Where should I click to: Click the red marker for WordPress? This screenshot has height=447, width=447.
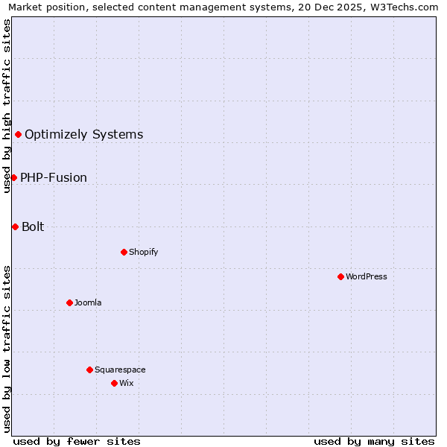[340, 276]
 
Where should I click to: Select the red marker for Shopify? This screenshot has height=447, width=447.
[124, 252]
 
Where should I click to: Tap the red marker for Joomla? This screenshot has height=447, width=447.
[69, 302]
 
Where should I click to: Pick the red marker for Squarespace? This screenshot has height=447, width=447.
[89, 370]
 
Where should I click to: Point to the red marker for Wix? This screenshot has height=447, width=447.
[114, 383]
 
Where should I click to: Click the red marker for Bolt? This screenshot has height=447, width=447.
[15, 226]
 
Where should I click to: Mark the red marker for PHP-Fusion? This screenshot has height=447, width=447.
[13, 177]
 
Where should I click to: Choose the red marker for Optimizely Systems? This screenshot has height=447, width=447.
[18, 134]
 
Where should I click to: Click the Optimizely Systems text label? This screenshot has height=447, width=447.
[83, 135]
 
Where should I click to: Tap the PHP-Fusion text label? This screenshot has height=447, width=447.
[54, 178]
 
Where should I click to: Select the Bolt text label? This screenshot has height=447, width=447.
[33, 227]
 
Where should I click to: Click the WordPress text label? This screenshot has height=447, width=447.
[367, 277]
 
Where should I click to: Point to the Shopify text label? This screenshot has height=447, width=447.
[143, 253]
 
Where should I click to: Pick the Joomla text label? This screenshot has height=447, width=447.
[88, 303]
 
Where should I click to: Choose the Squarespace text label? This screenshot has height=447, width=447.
[120, 370]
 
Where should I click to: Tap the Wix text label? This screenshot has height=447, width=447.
[126, 384]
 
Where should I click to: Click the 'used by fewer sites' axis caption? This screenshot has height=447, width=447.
[77, 441]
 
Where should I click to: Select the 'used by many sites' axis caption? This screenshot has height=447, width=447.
[374, 441]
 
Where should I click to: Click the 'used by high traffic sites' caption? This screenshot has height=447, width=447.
[7, 106]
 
